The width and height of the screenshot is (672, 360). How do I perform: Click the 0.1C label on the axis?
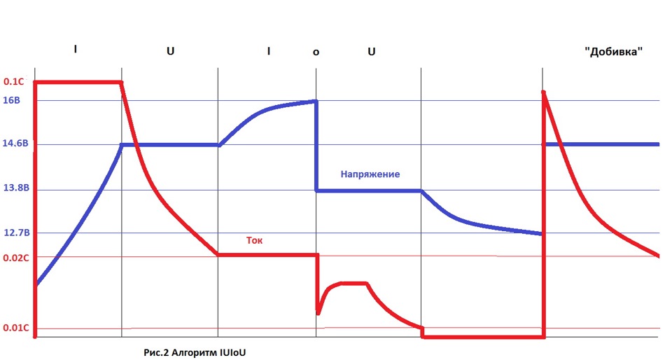[14, 82]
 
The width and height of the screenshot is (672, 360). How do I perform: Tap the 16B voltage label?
[13, 100]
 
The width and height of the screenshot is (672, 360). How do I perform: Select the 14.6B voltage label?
[15, 144]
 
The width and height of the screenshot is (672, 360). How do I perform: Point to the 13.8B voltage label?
[15, 189]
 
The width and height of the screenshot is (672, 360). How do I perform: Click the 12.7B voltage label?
[15, 233]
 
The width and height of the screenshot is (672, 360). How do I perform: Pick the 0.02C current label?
[16, 257]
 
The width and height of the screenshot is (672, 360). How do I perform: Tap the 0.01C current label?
[16, 328]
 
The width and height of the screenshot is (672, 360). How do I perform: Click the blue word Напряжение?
[370, 174]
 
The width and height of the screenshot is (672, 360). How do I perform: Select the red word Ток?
[254, 240]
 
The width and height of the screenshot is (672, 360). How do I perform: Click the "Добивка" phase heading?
[613, 52]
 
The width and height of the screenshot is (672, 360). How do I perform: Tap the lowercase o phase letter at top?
[315, 53]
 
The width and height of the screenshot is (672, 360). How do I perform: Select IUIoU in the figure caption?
[231, 352]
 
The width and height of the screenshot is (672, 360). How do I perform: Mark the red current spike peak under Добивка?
[544, 92]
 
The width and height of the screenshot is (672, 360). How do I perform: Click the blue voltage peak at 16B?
[316, 101]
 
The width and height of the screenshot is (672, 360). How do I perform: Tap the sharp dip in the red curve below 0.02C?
[318, 312]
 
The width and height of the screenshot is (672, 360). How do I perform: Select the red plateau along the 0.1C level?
[77, 82]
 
